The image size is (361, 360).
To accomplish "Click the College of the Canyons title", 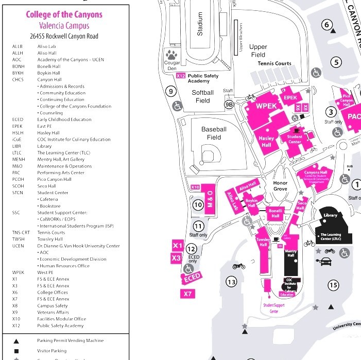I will tap(64, 14).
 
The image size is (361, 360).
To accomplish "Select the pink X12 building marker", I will tap(180, 76).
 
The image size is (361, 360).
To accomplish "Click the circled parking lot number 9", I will tap(171, 92).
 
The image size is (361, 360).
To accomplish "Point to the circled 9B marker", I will tap(229, 104).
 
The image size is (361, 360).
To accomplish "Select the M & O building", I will tap(210, 198).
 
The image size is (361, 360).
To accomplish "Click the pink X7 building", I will tap(188, 294).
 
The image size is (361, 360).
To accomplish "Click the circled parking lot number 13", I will tap(231, 282).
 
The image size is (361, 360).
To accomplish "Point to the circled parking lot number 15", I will tap(333, 285).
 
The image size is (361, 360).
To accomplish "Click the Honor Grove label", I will tap(280, 186).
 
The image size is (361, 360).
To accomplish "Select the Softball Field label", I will tap(202, 96).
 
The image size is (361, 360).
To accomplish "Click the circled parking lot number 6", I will tap(326, 24).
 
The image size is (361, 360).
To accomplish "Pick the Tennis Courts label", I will tap(274, 63).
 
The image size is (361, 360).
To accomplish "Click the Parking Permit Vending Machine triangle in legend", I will tap(16, 341).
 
